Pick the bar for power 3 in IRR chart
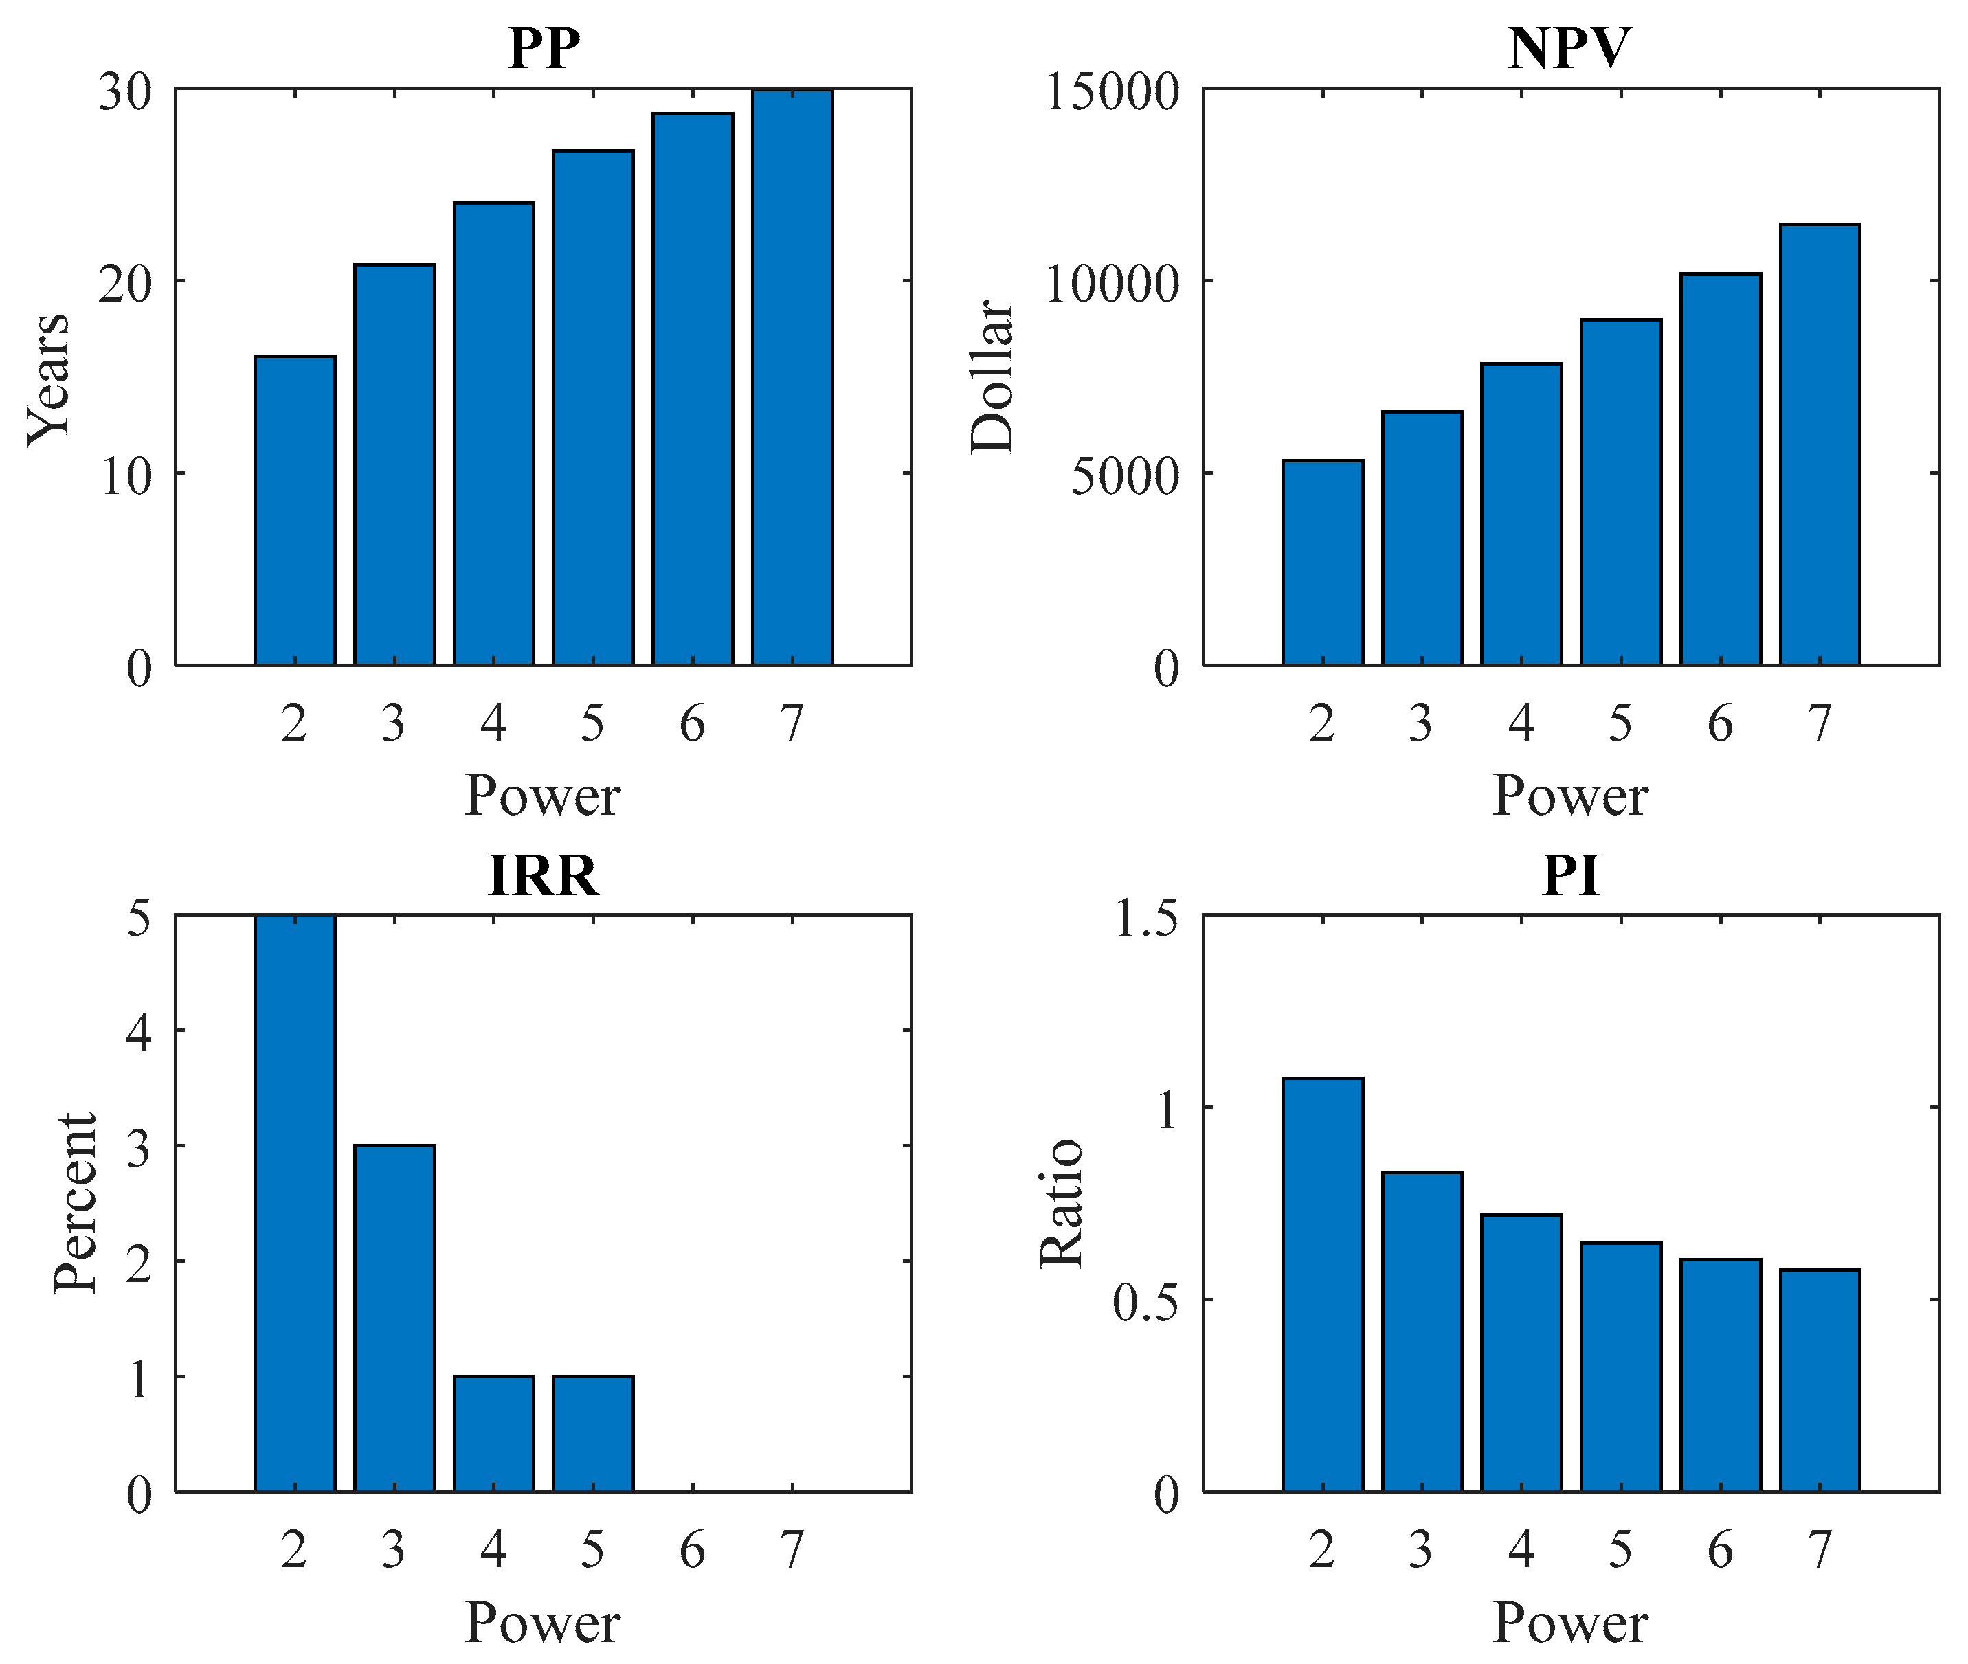click(x=394, y=1318)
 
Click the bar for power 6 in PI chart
click(x=1721, y=1374)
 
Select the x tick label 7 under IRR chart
click(x=792, y=1550)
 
